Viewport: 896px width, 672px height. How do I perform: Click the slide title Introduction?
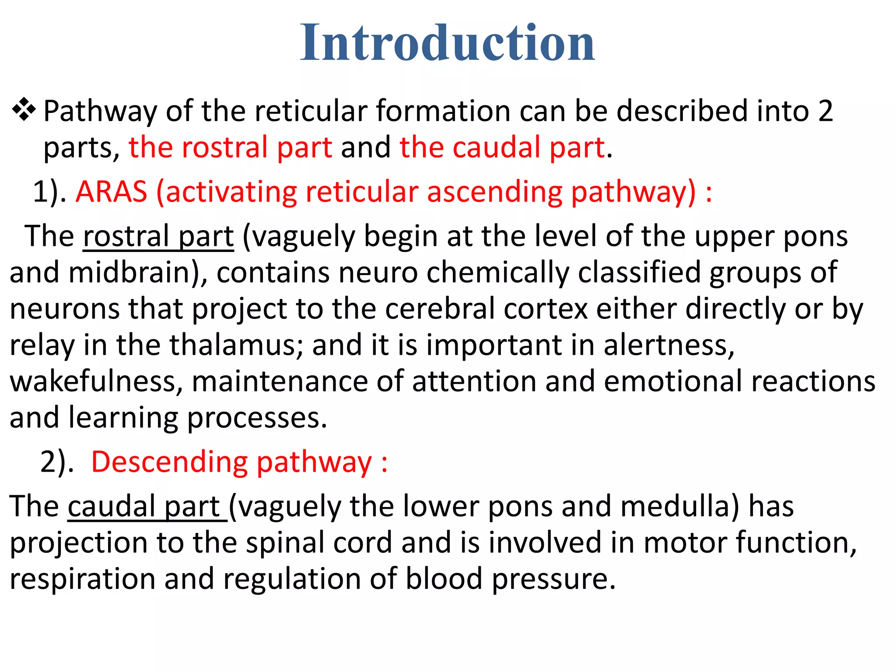pos(447,43)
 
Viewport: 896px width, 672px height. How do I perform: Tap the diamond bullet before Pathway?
pos(24,110)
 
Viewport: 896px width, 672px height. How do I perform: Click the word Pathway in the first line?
pos(100,111)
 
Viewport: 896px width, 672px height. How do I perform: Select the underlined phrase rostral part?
pos(158,237)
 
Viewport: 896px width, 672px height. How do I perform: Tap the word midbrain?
pos(133,273)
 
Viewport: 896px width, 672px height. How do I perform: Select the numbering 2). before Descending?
pos(57,462)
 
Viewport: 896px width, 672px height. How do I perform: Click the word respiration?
pos(82,579)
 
